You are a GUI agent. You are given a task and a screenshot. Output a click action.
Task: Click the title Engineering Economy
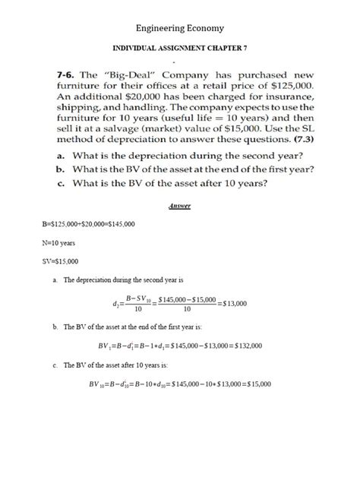[x=180, y=28]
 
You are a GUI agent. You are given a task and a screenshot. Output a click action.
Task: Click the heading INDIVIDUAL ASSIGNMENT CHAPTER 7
[x=179, y=48]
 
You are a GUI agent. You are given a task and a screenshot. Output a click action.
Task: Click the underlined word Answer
[x=179, y=207]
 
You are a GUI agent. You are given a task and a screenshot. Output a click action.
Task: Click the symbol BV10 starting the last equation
[x=99, y=384]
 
